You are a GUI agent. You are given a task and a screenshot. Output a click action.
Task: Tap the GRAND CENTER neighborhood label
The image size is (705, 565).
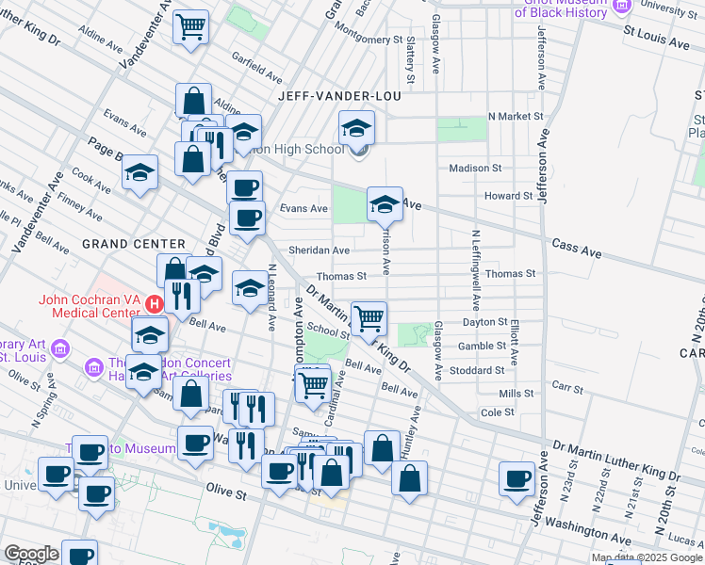pyautogui.click(x=133, y=244)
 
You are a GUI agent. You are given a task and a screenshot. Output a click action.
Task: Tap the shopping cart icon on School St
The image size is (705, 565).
pyautogui.click(x=369, y=317)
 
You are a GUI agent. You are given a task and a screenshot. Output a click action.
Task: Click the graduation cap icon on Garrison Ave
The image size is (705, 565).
pyautogui.click(x=385, y=203)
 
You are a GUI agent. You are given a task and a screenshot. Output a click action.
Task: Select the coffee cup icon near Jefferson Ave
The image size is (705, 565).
pyautogui.click(x=516, y=478)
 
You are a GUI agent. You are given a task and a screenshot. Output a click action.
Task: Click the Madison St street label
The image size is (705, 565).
pyautogui.click(x=475, y=168)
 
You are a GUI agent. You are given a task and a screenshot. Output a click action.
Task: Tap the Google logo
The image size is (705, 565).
pyautogui.click(x=32, y=554)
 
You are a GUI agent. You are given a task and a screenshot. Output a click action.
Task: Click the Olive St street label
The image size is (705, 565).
pyautogui.click(x=225, y=492)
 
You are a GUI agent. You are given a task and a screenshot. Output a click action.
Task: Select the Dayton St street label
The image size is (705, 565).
pyautogui.click(x=485, y=322)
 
